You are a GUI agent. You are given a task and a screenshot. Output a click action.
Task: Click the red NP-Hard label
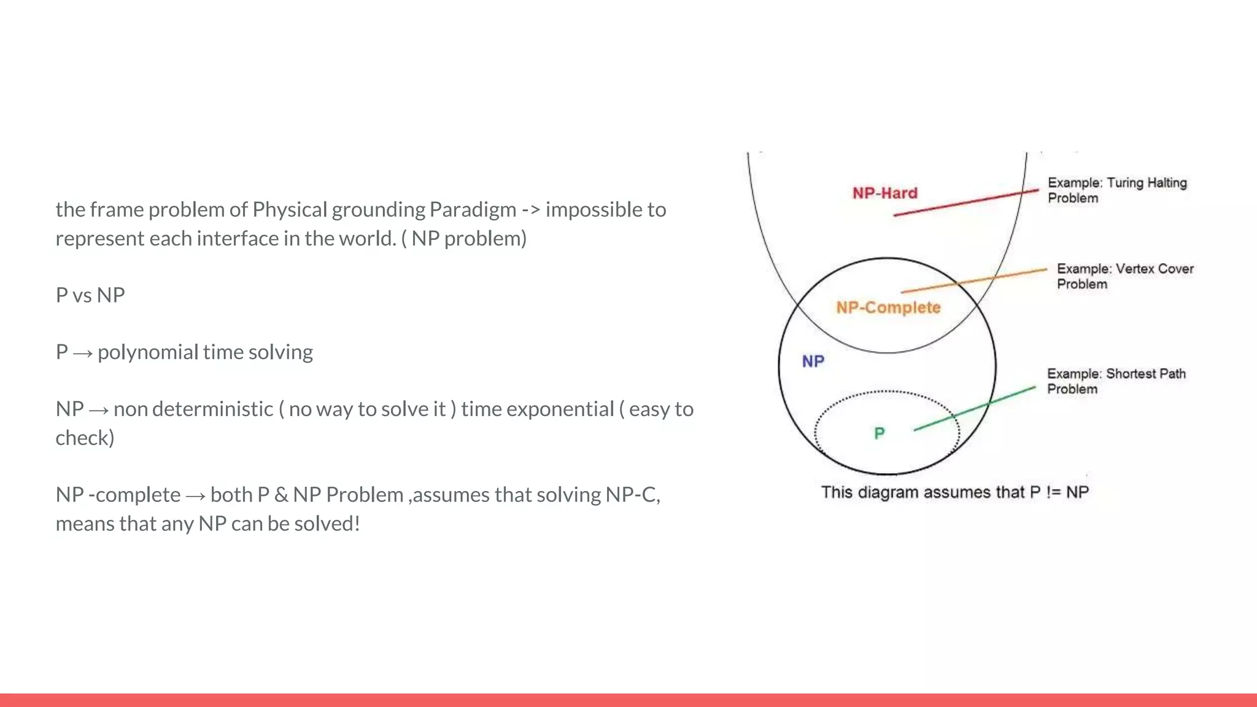(884, 193)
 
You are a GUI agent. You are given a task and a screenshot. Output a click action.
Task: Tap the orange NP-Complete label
(888, 307)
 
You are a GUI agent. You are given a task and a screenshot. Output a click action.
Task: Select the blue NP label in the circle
(813, 361)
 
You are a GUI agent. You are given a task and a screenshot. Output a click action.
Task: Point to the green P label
(880, 434)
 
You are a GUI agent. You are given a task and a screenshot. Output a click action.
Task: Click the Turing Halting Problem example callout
(1117, 190)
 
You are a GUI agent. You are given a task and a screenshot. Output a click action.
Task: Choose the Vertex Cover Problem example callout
(1124, 276)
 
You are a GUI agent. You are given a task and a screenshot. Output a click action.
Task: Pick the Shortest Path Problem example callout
(1116, 381)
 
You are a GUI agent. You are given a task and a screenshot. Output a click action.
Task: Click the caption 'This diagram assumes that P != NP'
(955, 492)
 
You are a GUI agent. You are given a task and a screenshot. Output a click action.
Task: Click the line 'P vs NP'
(90, 295)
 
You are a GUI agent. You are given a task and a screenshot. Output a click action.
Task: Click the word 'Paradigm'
(473, 210)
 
